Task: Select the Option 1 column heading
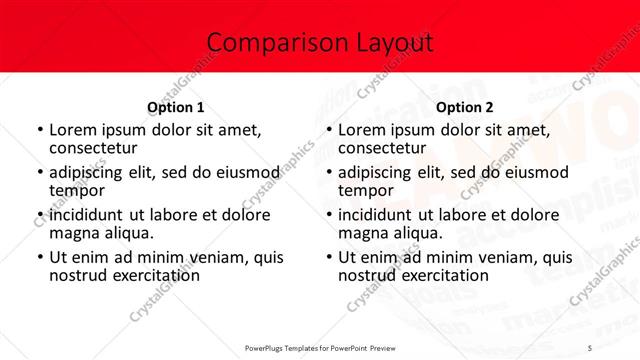point(175,107)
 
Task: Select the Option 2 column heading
point(465,107)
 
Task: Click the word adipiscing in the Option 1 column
point(93,172)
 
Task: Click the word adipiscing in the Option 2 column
point(382,172)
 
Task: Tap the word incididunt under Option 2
point(383,215)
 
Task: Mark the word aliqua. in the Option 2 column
point(417,233)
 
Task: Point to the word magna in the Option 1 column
point(75,233)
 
